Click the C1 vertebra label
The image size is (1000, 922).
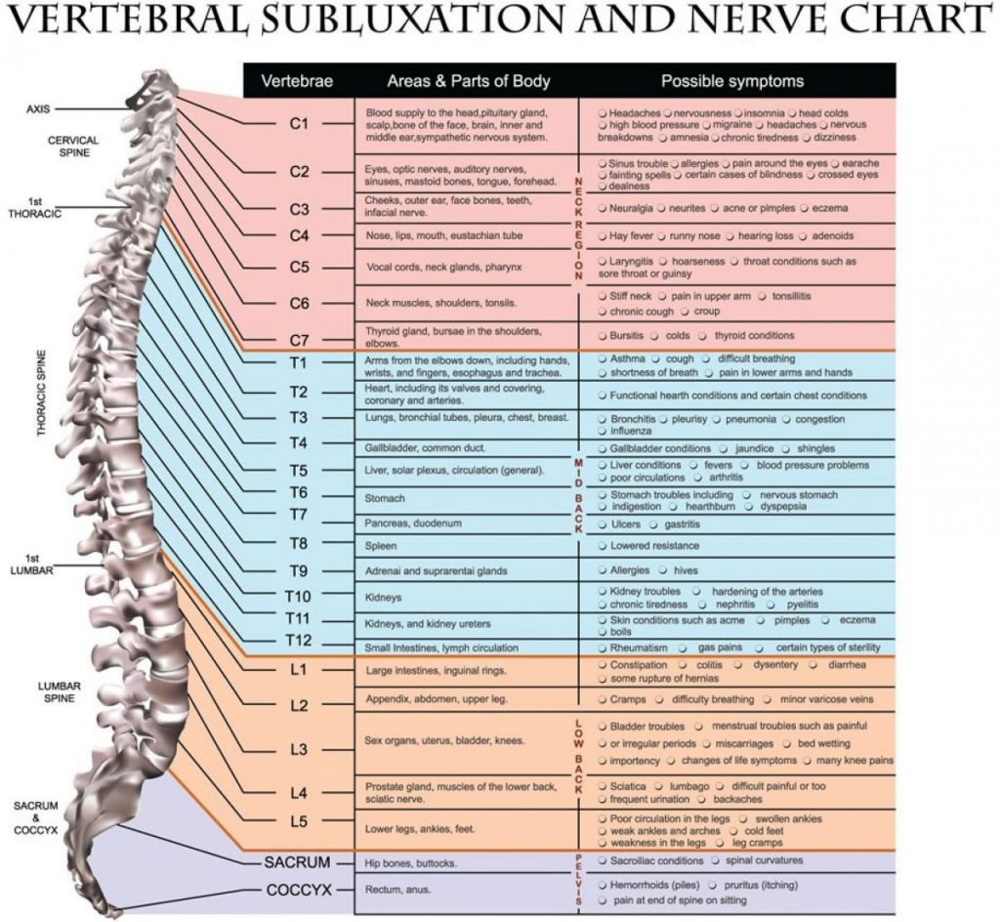tap(299, 124)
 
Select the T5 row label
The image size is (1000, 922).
tap(299, 471)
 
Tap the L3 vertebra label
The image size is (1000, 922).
tap(299, 749)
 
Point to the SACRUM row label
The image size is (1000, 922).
tap(297, 862)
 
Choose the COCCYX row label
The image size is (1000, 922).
tap(299, 890)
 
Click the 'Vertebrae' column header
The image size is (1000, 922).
tap(297, 81)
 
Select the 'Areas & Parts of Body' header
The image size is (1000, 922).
tap(468, 81)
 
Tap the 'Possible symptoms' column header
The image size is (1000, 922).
tap(732, 81)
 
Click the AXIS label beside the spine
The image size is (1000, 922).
tap(38, 109)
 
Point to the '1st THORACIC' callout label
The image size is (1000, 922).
tap(35, 208)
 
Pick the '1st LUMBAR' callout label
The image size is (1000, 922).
tap(31, 565)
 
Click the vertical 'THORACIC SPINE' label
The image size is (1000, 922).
tap(41, 393)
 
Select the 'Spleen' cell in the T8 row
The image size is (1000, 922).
tap(381, 546)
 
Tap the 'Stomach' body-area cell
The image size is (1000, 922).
tap(385, 498)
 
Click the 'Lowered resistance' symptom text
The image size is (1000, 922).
tap(654, 546)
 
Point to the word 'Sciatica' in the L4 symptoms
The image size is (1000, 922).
tap(628, 786)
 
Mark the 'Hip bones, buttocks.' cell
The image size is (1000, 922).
tap(411, 863)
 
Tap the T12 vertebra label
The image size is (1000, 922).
tap(299, 641)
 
